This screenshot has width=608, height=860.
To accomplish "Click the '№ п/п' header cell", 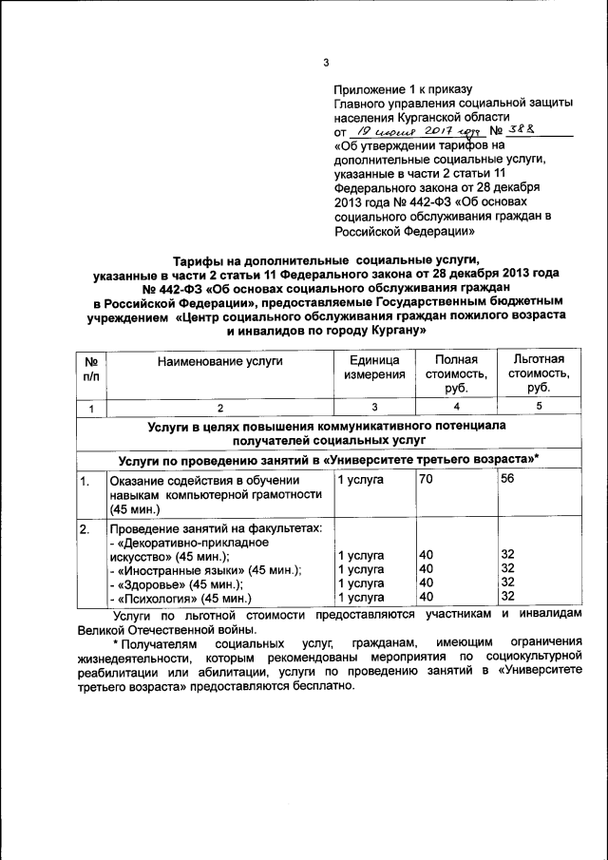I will click(x=91, y=368).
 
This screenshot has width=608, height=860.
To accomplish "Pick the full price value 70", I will click(x=426, y=480).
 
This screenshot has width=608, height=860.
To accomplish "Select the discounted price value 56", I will click(x=508, y=480).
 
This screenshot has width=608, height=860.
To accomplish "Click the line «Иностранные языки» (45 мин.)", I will click(x=205, y=570).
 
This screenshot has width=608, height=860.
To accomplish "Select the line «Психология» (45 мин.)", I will click(x=181, y=599).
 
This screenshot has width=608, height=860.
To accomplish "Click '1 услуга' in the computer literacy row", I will click(x=360, y=480).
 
